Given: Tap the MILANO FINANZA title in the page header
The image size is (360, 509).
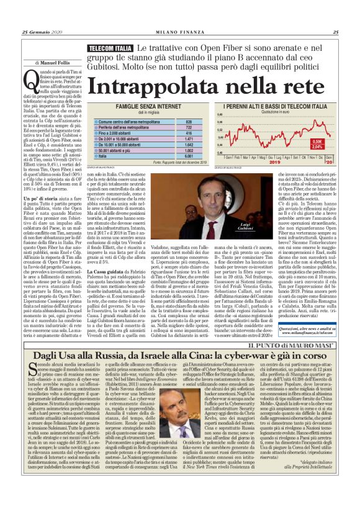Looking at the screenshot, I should [x=179, y=33].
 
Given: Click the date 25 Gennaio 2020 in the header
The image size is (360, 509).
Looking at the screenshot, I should [x=43, y=33].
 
